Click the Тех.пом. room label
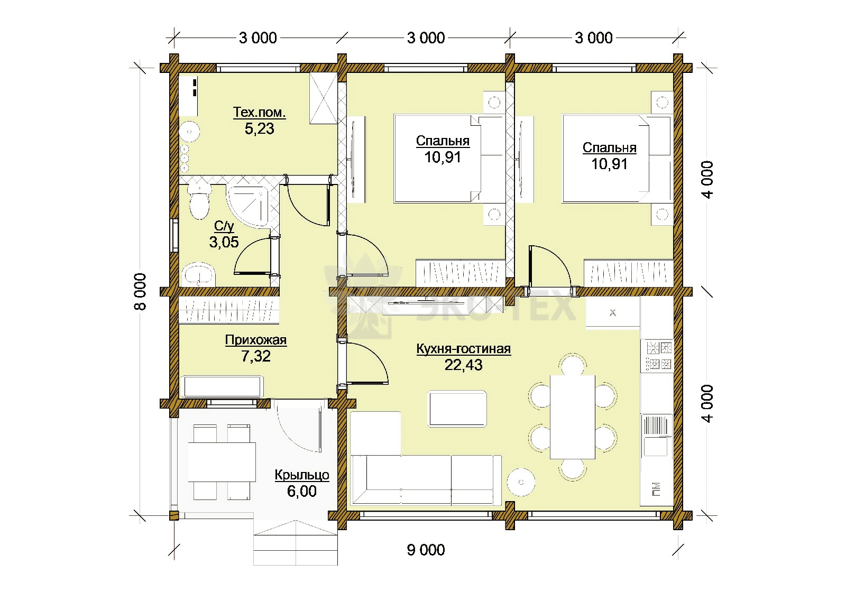pyautogui.click(x=259, y=113)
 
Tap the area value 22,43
pyautogui.click(x=463, y=365)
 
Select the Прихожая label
pyautogui.click(x=256, y=340)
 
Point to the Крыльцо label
pyautogui.click(x=302, y=475)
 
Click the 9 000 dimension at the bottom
pyautogui.click(x=426, y=550)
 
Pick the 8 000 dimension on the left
pyautogui.click(x=140, y=291)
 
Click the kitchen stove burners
pyautogui.click(x=657, y=355)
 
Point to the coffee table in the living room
pyautogui.click(x=457, y=409)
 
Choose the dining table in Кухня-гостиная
pyautogui.click(x=573, y=417)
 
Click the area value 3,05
pyautogui.click(x=224, y=242)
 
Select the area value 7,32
pyautogui.click(x=256, y=356)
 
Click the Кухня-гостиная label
pyautogui.click(x=463, y=348)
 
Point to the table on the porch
pyautogui.click(x=222, y=462)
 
